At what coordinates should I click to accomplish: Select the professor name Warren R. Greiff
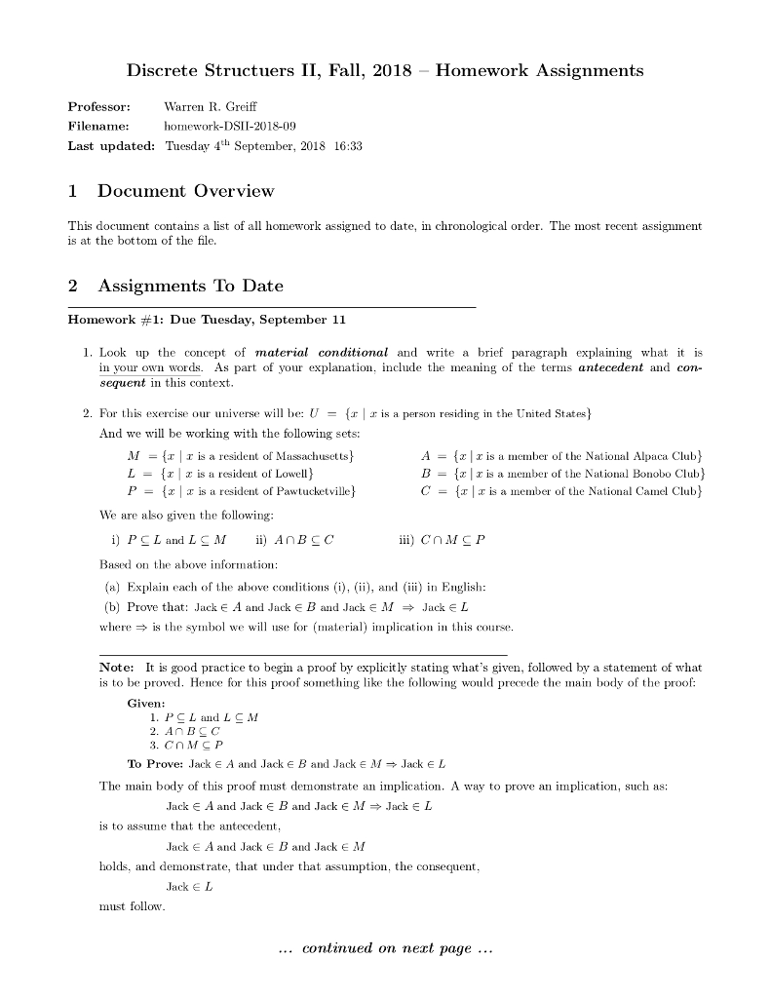coord(211,105)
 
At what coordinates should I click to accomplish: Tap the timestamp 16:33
coord(348,146)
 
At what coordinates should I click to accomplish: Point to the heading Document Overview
coord(185,191)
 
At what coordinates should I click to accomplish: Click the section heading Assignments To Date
coord(191,286)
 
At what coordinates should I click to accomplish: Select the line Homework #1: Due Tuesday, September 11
coord(207,320)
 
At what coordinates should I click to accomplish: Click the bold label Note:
coord(119,668)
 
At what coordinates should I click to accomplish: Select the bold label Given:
coord(146,704)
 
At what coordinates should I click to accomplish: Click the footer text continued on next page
coord(386,948)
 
